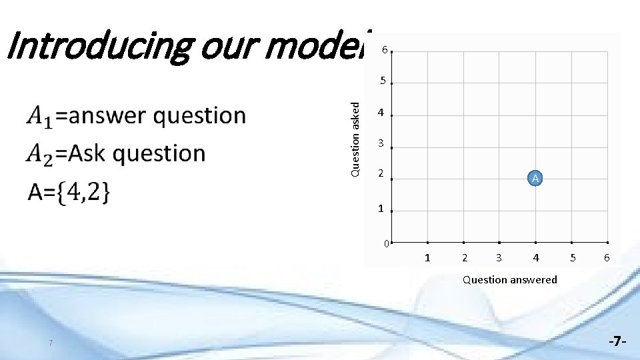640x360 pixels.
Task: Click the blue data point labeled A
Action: pos(535,178)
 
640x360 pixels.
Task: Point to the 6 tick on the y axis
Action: pos(383,51)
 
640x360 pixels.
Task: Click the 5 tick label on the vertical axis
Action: pos(383,81)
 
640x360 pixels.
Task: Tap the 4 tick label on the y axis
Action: pos(381,113)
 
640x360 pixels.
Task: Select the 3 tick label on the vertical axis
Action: pos(381,143)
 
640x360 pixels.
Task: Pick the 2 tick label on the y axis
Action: pos(381,174)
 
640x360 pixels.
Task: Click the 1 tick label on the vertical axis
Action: pos(381,209)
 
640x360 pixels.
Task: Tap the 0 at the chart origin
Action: pos(386,243)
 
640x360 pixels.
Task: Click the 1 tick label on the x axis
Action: pos(427,257)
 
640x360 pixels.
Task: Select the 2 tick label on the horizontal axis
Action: pos(464,257)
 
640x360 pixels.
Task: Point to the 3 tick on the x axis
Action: pos(499,257)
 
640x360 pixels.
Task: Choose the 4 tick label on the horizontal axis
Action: pos(535,257)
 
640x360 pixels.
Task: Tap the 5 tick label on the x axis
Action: pos(571,257)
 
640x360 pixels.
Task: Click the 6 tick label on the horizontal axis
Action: pos(607,257)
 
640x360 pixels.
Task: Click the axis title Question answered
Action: pos(510,279)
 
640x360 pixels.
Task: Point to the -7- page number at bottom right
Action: pos(617,341)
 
